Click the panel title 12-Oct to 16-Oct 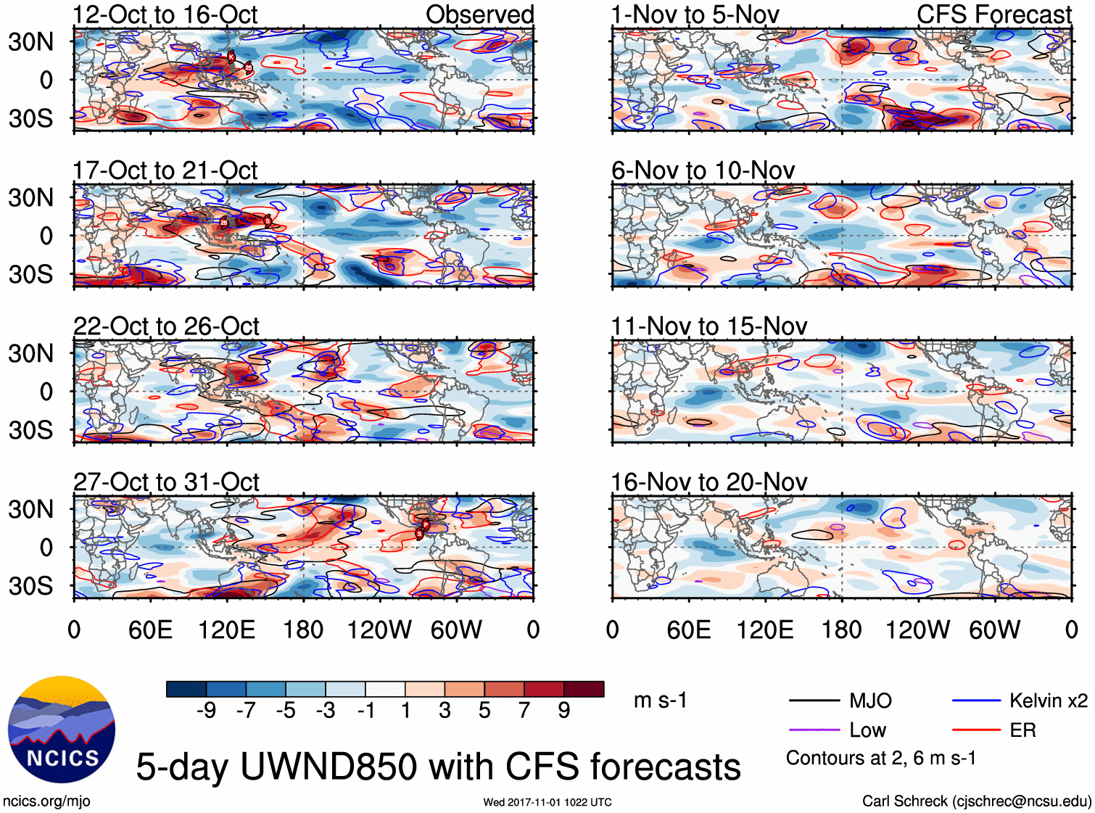[x=165, y=15]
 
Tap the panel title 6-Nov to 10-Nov [x=703, y=171]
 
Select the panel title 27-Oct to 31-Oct [x=166, y=482]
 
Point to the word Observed [x=479, y=15]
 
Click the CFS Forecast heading [x=993, y=15]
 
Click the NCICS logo [x=62, y=730]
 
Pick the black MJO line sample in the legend [x=814, y=701]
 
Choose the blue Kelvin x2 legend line [x=976, y=701]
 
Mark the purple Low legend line [x=814, y=730]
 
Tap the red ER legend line [x=976, y=730]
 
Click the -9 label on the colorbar [x=206, y=711]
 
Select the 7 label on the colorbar [x=524, y=711]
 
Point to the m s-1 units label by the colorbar [x=660, y=701]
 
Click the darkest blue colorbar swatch [x=186, y=689]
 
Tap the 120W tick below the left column [x=379, y=630]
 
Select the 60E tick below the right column [x=688, y=630]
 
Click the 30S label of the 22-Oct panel [x=30, y=430]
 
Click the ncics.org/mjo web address [x=46, y=801]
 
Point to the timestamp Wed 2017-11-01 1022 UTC [x=547, y=802]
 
